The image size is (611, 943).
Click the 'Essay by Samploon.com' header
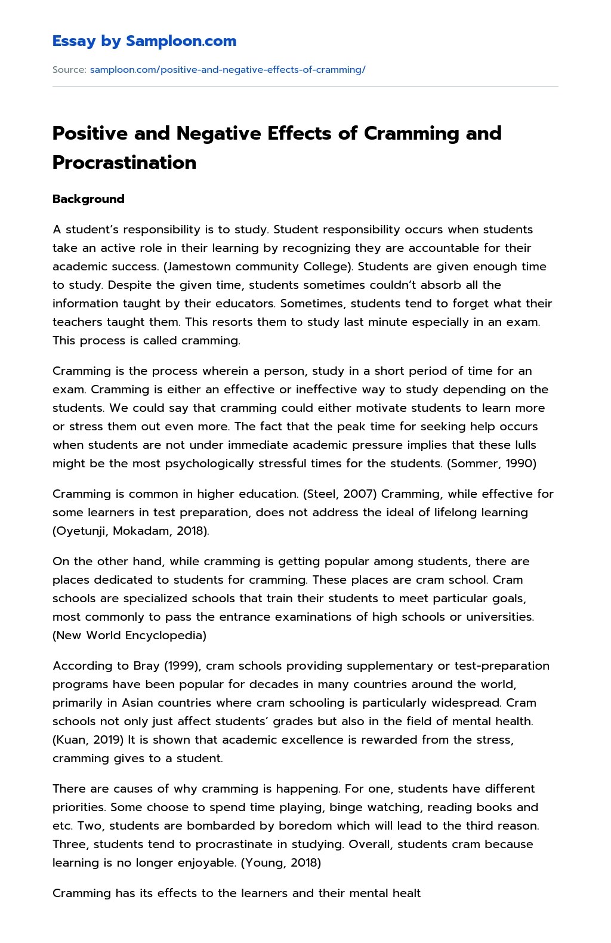click(x=144, y=41)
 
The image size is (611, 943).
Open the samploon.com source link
click(x=227, y=70)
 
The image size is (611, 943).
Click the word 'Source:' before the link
click(x=69, y=70)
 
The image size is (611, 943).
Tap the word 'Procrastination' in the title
click(x=124, y=162)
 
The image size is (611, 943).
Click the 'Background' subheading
click(x=88, y=199)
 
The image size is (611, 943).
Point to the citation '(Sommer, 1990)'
click(x=492, y=464)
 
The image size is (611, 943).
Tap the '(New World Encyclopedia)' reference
click(x=129, y=636)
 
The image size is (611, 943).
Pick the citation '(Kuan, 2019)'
click(x=88, y=740)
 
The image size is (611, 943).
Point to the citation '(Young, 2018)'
click(x=281, y=863)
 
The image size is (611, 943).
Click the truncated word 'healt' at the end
click(x=406, y=893)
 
